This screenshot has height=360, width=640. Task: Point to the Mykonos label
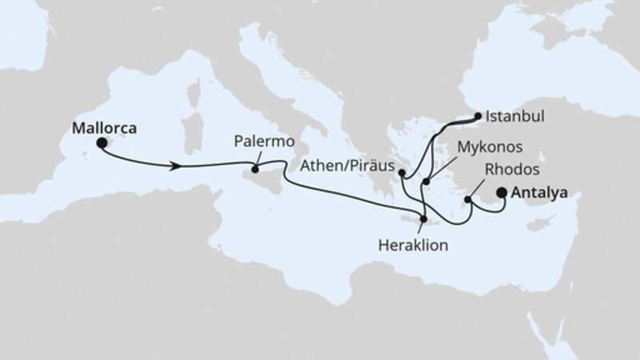pos(490,148)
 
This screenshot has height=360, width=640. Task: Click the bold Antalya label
pos(541,193)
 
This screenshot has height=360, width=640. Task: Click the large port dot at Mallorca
pos(102,143)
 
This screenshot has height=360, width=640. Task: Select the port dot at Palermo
pos(255,169)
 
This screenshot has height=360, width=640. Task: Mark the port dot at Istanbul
pos(478,117)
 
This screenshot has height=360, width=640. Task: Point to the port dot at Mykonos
pos(427,182)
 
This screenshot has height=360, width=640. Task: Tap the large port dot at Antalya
pos(502,192)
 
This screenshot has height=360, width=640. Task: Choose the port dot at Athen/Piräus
pos(402,172)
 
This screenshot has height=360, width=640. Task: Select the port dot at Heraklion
pos(422,218)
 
